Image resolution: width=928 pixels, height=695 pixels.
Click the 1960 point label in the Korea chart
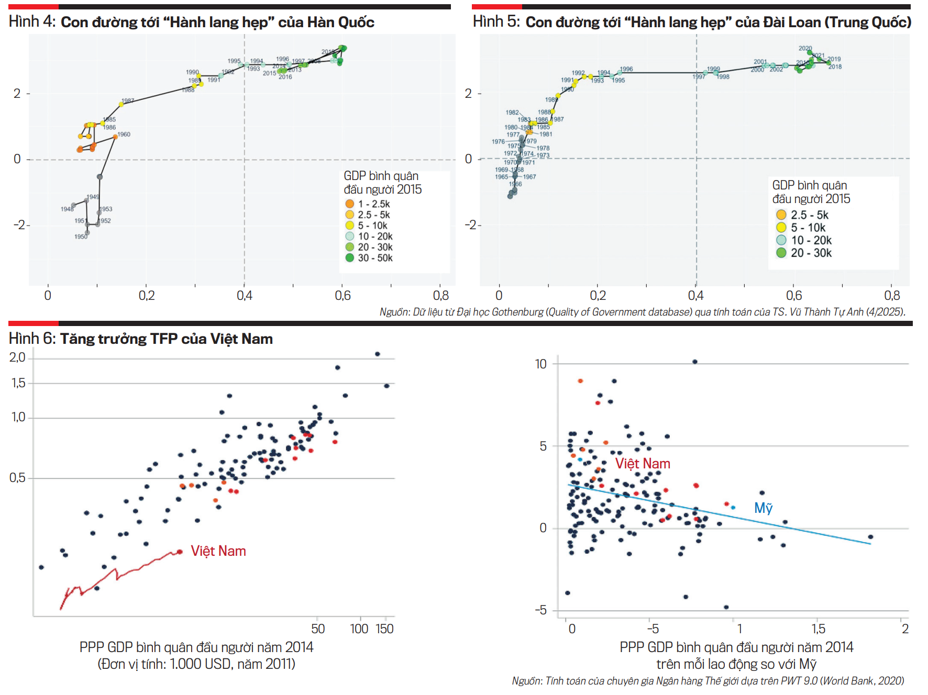point(124,134)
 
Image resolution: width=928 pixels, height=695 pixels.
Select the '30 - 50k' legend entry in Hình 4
point(375,258)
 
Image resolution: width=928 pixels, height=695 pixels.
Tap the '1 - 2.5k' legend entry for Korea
point(373,204)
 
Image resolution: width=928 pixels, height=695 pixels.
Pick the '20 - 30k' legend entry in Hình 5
point(811,253)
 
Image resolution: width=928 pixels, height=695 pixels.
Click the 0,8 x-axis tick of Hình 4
point(441,296)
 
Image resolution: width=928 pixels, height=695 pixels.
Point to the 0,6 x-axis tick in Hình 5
point(794,296)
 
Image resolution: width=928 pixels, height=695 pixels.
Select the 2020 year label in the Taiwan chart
point(805,48)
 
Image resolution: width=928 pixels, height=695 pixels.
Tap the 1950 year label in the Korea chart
point(81,237)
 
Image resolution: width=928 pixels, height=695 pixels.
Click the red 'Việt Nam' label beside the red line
point(218,551)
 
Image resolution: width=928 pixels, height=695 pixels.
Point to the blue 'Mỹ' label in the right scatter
point(763,508)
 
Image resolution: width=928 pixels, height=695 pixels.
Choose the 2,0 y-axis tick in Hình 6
point(17,357)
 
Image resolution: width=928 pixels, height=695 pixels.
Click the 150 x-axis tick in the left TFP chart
point(384,629)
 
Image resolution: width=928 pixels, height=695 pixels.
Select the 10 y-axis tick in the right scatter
point(540,364)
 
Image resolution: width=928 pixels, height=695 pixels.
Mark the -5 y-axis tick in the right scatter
point(540,610)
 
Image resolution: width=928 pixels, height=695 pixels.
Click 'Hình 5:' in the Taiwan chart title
point(495,21)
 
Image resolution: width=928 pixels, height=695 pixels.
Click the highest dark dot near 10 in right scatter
point(695,362)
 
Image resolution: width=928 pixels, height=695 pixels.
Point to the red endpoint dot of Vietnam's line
point(180,552)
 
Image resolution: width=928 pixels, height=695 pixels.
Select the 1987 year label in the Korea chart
point(128,100)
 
